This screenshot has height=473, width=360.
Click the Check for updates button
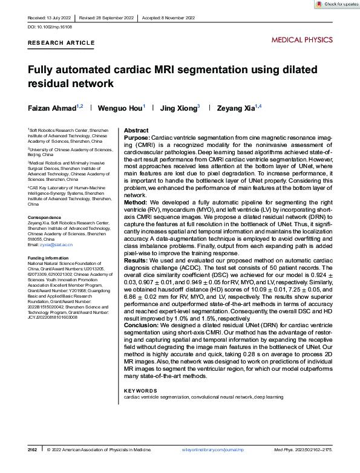pos(336,4)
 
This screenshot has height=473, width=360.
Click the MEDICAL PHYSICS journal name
pos(302,40)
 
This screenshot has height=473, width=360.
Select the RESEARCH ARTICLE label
pos(61,43)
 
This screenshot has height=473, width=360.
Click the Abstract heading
pos(136,131)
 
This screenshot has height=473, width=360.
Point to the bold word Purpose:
pos(137,138)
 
